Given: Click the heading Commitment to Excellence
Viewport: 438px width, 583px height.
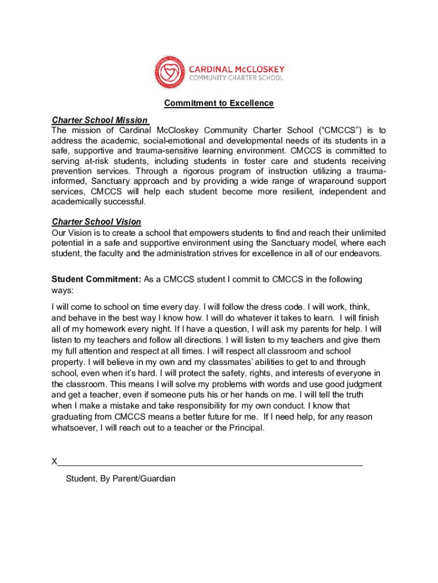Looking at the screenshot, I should pyautogui.click(x=219, y=103).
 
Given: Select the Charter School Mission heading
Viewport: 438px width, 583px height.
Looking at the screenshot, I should pyautogui.click(x=100, y=120).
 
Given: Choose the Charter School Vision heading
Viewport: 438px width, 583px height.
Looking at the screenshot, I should pyautogui.click(x=96, y=221).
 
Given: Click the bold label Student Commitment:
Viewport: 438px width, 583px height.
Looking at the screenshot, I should pyautogui.click(x=96, y=279).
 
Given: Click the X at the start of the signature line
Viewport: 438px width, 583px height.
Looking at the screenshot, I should pyautogui.click(x=55, y=461).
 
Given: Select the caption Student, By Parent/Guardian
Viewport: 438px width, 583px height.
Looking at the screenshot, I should pyautogui.click(x=121, y=478).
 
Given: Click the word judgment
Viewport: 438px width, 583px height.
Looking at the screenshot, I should pyautogui.click(x=364, y=384).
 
